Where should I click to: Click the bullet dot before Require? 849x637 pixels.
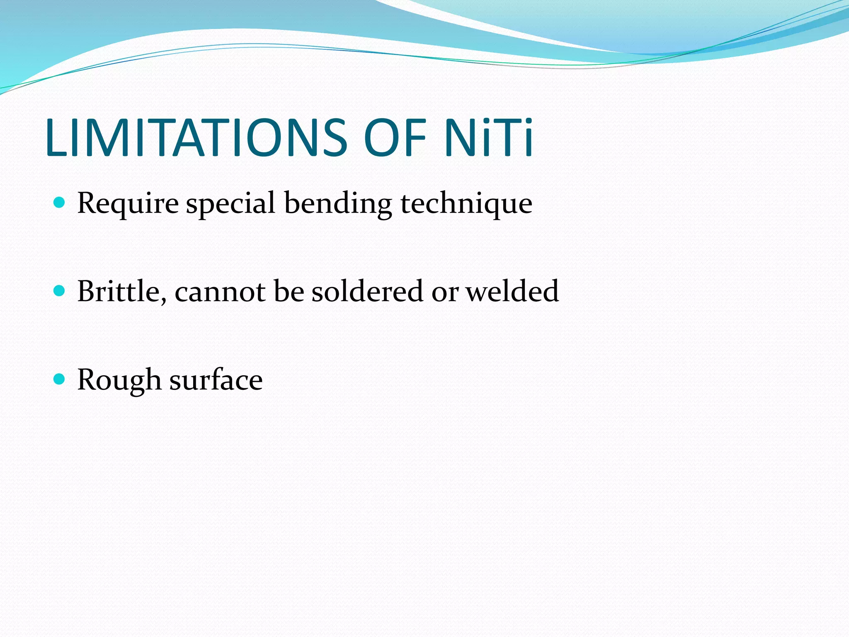click(60, 202)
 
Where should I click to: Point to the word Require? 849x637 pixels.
click(128, 204)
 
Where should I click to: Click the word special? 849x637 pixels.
click(230, 204)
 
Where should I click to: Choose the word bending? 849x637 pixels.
click(338, 204)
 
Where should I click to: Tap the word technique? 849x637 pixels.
click(466, 204)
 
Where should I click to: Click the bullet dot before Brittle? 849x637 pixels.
click(60, 290)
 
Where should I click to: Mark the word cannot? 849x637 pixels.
click(220, 292)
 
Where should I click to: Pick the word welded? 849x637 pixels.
click(512, 291)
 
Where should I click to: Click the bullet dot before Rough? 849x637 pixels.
click(60, 379)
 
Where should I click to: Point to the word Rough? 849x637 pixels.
click(119, 380)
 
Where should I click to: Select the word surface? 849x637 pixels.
click(216, 379)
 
